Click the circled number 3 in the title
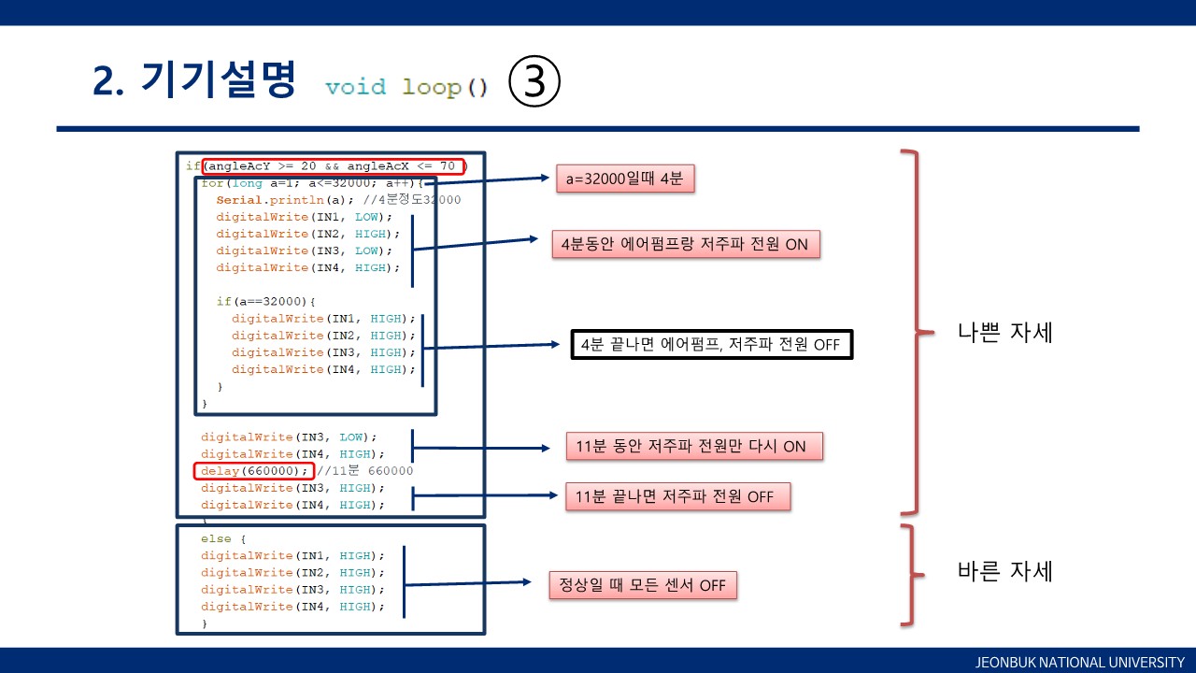pos(534,82)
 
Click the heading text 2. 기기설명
pos(194,82)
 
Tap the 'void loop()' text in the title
pos(406,88)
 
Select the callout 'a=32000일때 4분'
pos(624,179)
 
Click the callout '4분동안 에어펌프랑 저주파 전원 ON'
pos(686,244)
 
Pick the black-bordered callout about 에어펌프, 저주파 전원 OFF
pos(711,344)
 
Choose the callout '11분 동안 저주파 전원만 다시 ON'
pos(694,446)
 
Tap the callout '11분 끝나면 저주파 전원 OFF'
pos(677,496)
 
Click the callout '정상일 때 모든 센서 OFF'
pos(644,585)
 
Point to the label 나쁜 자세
pos(1005,332)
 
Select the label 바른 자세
pos(1005,570)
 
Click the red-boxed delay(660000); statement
pos(253,471)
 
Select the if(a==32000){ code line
pos(266,302)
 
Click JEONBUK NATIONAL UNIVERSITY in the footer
pos(1079,662)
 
